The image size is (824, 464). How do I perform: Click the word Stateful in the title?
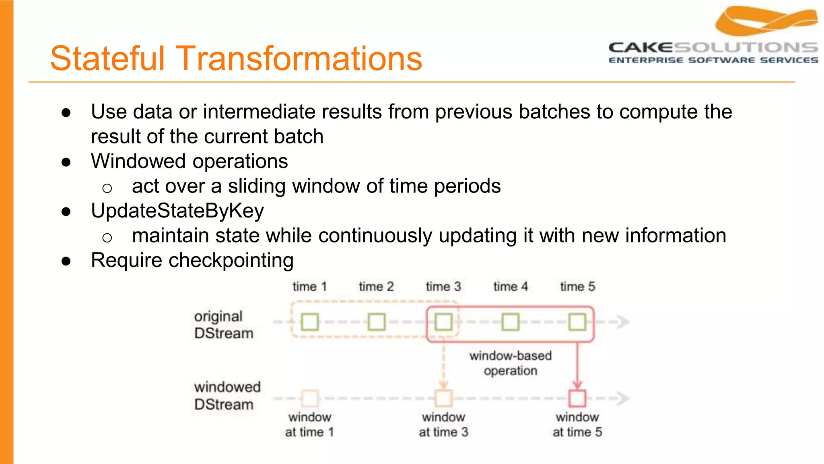coord(107,58)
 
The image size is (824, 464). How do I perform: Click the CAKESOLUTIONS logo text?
coord(713,48)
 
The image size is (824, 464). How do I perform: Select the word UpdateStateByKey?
coord(177,211)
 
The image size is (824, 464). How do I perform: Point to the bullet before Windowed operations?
coord(66,162)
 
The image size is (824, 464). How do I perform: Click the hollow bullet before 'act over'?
coord(107,188)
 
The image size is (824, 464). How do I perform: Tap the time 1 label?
coord(309,286)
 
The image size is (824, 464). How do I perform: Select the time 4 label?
coord(510,286)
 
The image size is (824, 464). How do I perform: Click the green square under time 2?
coord(377,322)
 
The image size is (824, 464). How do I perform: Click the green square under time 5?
coord(577,322)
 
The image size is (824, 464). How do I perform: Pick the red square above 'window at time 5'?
coord(577,398)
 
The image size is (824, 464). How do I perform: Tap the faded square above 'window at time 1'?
coord(310,398)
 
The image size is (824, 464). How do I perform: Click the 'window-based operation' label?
coord(510,363)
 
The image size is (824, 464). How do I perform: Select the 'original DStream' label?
coord(223,325)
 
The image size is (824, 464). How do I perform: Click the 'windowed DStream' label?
coord(227,396)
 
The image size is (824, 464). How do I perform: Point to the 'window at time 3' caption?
coord(443,425)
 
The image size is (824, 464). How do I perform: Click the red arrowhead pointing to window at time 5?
coord(577,385)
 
